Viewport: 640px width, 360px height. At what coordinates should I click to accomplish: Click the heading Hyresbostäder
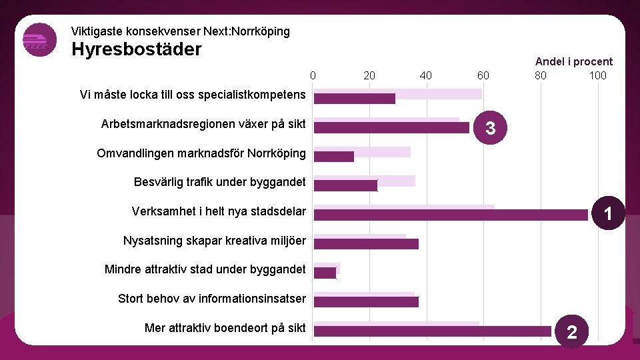(x=136, y=49)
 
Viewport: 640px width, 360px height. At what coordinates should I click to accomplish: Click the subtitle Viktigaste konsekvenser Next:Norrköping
(x=180, y=31)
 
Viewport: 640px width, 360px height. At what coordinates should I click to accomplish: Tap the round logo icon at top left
(x=40, y=40)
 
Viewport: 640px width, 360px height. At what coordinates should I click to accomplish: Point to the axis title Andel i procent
(x=573, y=61)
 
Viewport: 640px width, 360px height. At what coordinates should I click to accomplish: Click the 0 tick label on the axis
(x=313, y=75)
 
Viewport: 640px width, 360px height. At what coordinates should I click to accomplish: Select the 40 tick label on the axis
(x=426, y=75)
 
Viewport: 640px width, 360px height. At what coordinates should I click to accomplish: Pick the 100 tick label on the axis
(x=597, y=75)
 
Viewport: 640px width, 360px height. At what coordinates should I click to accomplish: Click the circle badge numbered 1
(x=608, y=214)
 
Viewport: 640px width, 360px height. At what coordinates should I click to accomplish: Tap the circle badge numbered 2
(x=571, y=331)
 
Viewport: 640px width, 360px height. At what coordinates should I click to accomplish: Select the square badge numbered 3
(x=490, y=127)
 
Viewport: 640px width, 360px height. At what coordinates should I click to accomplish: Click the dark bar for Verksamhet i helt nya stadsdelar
(x=451, y=215)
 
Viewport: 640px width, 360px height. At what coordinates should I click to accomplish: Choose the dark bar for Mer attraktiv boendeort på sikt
(x=432, y=331)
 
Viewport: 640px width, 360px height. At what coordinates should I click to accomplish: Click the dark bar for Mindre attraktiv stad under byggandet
(x=325, y=273)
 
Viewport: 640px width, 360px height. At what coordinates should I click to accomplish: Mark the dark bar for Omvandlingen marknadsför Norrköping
(x=333, y=157)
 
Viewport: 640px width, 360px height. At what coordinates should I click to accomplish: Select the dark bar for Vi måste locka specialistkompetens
(x=354, y=99)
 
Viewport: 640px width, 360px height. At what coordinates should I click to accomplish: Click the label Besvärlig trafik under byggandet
(x=219, y=182)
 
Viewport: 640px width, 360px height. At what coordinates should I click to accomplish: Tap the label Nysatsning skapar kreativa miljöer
(x=214, y=240)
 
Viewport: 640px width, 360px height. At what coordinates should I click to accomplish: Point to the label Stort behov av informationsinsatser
(x=211, y=298)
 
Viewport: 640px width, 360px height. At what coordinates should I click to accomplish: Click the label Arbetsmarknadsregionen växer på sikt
(x=203, y=124)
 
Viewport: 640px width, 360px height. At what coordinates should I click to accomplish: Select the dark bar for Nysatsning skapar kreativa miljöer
(x=366, y=244)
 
